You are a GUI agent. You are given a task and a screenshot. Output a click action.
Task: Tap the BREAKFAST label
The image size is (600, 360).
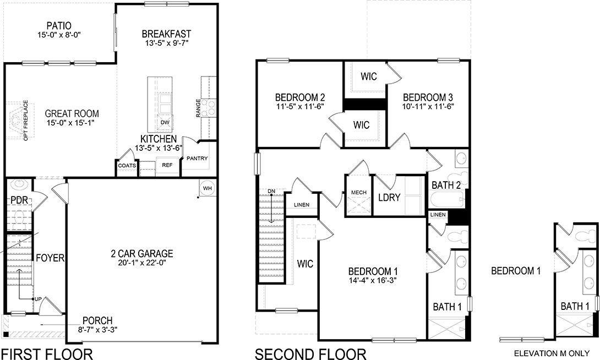[166, 32]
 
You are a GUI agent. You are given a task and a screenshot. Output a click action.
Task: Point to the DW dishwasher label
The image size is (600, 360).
[165, 122]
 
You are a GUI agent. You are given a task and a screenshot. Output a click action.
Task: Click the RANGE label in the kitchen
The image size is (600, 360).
[198, 108]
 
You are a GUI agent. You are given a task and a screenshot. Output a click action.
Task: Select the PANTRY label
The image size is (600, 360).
[197, 159]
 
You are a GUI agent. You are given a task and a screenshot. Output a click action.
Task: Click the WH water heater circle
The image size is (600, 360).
[207, 188]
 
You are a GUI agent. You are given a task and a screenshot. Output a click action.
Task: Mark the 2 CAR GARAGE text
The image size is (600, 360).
[141, 254]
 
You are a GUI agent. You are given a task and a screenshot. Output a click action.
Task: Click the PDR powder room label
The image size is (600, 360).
[19, 200]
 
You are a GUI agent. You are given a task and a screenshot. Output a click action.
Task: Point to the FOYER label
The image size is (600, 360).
[50, 258]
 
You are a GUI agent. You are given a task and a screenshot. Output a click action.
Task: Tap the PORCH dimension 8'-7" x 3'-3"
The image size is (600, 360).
[98, 330]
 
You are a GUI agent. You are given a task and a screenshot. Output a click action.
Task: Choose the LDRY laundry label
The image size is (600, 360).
[389, 197]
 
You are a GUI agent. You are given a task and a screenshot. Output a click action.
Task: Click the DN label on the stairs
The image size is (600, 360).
[272, 192]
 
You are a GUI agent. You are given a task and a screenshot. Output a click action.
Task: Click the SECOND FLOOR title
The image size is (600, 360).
[310, 353]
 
